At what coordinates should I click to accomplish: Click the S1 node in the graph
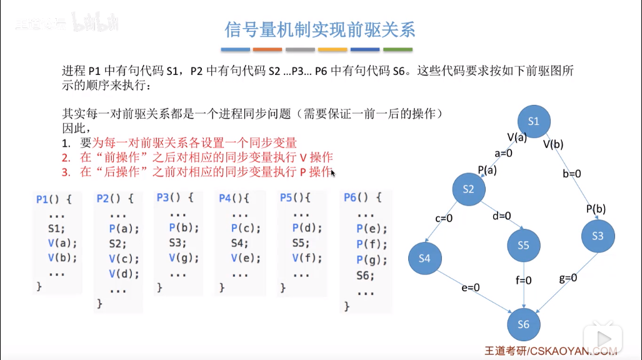click(x=533, y=121)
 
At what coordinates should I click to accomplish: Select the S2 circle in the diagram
click(x=470, y=188)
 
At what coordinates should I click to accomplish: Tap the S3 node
click(x=598, y=236)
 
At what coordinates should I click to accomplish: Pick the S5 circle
click(x=523, y=246)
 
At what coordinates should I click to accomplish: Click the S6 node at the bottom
click(x=523, y=324)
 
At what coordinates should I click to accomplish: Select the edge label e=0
click(x=470, y=287)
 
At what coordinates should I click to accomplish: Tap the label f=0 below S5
click(x=523, y=281)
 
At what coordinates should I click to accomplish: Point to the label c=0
click(x=444, y=218)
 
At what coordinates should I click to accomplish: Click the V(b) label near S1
click(x=553, y=144)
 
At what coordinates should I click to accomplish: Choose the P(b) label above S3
click(x=596, y=208)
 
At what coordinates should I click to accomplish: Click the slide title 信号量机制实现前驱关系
click(x=319, y=29)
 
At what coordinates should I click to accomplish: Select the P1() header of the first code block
click(x=54, y=199)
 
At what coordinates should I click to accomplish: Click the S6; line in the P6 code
click(x=366, y=275)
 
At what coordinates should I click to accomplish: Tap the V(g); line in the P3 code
click(x=181, y=258)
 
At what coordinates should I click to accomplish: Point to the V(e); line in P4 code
click(x=245, y=257)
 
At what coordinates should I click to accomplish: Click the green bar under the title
click(x=398, y=49)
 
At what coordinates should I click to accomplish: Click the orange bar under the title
click(x=268, y=49)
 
